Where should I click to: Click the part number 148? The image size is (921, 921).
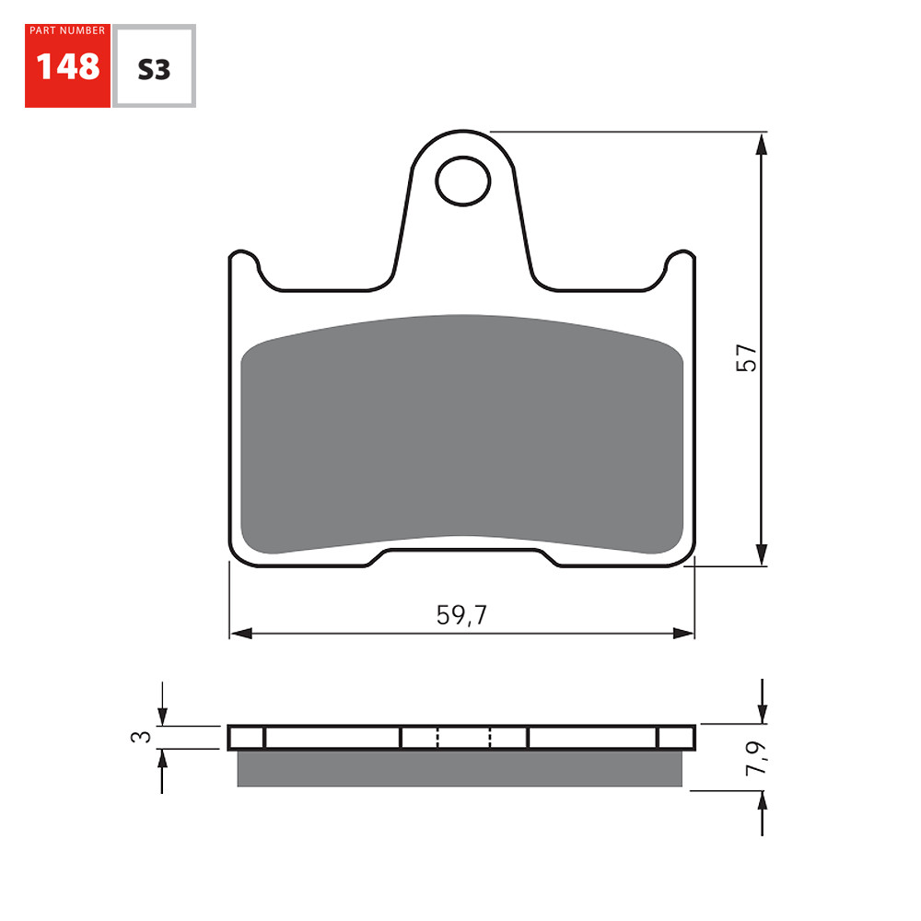coord(67,66)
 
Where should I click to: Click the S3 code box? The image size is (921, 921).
coord(154,68)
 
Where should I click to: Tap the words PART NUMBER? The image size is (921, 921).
coord(67,31)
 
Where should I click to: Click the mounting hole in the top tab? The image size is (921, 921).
coord(463,181)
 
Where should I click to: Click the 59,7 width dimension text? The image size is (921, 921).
coord(461,615)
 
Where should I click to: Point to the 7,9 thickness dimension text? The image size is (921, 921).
coord(754,756)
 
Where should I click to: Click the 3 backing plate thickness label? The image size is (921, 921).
coord(140,736)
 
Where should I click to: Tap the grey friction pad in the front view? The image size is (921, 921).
coord(460,433)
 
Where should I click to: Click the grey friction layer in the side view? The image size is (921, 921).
coord(460,768)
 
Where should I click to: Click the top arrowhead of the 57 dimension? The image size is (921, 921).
coord(761,144)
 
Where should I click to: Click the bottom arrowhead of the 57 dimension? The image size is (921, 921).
coord(761,554)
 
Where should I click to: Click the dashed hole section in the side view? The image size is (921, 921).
coord(463,738)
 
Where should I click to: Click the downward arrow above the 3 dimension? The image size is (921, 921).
coord(162,715)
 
